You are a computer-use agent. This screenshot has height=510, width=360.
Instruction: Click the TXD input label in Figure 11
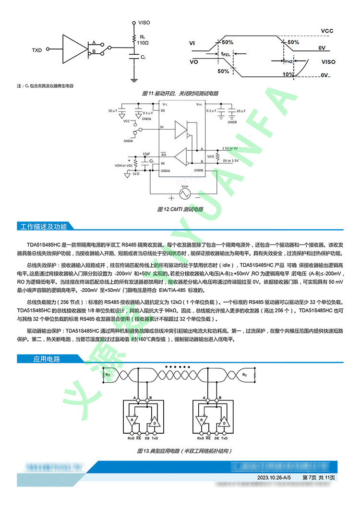point(37,50)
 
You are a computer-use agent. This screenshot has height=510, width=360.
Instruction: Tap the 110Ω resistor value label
point(143,43)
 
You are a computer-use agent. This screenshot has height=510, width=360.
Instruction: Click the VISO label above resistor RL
point(144,23)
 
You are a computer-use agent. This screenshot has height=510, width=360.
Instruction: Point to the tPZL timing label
point(226,54)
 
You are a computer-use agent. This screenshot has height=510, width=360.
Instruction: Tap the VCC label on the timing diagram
point(327,30)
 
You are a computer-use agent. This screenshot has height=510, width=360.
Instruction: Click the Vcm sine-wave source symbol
point(185,194)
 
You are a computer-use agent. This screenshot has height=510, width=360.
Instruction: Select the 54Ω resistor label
point(210,157)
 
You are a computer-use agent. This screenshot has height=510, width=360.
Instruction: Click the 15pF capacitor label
point(146,154)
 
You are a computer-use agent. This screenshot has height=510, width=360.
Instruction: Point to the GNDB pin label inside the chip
point(200,170)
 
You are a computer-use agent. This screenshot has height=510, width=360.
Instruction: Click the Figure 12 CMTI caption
point(180,209)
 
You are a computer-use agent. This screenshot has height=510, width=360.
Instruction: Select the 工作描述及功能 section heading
point(44,226)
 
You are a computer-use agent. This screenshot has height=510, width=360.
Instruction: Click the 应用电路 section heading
point(47,359)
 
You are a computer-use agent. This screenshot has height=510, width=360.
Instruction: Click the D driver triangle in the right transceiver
point(223,424)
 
